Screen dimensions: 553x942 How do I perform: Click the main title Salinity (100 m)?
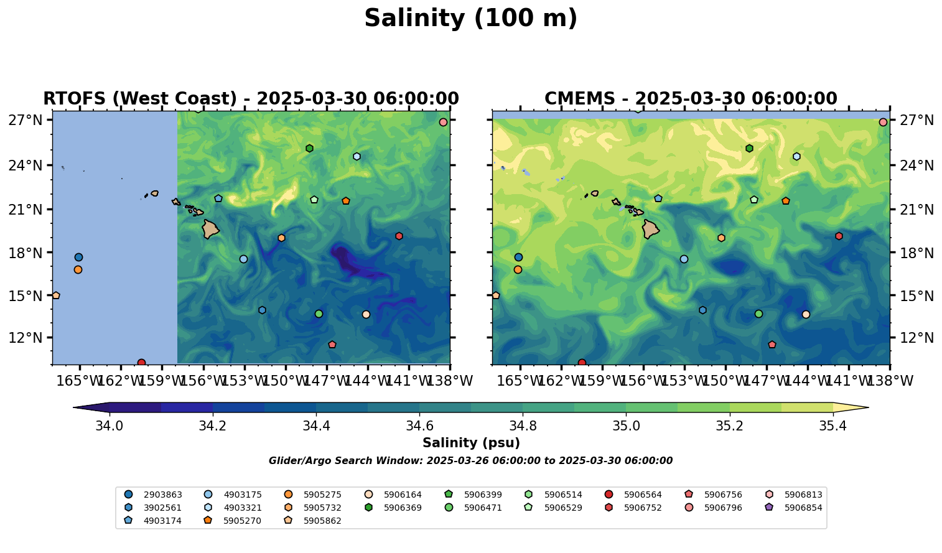470,19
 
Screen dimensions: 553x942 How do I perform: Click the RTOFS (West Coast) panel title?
251,99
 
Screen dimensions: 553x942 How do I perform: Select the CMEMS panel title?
691,99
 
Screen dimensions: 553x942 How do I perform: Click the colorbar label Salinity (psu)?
471,443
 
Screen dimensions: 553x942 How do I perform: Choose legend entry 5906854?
803,508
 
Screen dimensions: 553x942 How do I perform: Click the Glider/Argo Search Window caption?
470,461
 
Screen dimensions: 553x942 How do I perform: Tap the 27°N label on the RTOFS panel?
26,120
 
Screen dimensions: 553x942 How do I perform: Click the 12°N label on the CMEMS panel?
917,338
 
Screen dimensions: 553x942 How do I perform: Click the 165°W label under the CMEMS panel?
520,381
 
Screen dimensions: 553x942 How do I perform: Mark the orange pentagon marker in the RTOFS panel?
346,201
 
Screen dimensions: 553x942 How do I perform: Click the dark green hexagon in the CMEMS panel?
749,149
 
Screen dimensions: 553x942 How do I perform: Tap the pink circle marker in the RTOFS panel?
443,123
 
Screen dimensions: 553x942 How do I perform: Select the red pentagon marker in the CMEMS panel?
772,345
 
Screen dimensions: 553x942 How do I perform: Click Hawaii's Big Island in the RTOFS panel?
210,229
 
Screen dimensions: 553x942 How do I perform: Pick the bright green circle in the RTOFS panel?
319,314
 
